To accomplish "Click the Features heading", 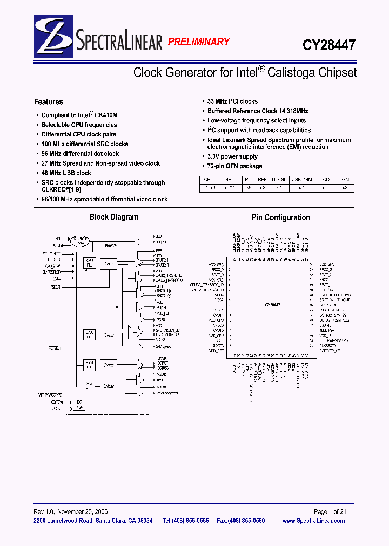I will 48,101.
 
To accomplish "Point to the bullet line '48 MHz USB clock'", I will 66,173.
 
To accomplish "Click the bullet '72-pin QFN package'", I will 235,166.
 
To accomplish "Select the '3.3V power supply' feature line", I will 233,156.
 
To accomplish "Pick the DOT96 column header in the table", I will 279,179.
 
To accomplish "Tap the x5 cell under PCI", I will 249,188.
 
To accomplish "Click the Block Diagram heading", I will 113,217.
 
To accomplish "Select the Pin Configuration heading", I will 281,217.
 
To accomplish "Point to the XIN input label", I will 57,237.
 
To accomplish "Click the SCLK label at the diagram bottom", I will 56,408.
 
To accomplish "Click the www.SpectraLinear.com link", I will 321,521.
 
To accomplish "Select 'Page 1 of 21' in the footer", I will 334,511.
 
